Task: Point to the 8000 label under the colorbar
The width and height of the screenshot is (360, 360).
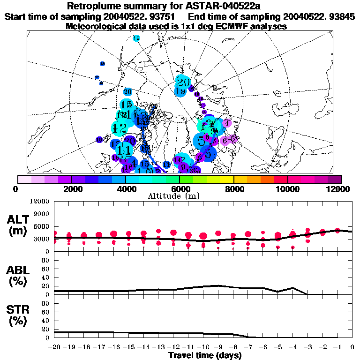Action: pos(233,189)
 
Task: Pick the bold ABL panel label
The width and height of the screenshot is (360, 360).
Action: pos(19,270)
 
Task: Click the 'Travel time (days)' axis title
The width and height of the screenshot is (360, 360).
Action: pos(205,355)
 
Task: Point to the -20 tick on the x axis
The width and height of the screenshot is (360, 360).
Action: pos(54,347)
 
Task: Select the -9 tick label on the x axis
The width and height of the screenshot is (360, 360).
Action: pos(218,347)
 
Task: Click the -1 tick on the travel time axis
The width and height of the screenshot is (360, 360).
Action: pos(337,347)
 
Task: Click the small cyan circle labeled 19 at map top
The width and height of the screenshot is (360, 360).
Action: pos(136,38)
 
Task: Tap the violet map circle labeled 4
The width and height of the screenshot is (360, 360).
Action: pos(227,123)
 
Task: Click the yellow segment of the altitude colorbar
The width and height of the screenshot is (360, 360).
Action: pos(227,179)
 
